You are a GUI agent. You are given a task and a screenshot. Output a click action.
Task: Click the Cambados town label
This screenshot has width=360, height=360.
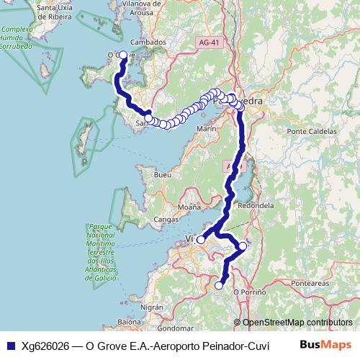click(149, 42)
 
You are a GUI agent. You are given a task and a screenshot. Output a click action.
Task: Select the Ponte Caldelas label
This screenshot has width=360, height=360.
click(312, 132)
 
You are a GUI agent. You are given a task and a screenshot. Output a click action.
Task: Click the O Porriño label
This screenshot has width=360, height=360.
click(250, 292)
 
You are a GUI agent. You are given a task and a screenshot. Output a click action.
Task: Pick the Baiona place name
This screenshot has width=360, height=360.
click(130, 321)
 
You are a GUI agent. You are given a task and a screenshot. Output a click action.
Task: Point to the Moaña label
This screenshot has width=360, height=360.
click(189, 207)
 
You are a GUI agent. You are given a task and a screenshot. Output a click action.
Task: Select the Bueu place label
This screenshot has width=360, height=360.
click(163, 175)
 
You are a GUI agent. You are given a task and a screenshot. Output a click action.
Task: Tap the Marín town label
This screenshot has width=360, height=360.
click(206, 128)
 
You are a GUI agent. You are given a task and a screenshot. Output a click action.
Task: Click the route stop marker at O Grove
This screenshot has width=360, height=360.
click(123, 55)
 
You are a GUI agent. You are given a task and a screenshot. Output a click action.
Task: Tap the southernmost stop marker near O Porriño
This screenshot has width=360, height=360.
click(220, 286)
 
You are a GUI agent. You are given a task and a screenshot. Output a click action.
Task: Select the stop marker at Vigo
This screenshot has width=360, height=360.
click(201, 240)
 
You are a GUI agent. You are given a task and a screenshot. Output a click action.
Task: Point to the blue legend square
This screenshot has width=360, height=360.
click(12, 346)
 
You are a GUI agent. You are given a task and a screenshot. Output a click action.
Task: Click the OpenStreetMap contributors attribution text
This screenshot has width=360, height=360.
click(297, 323)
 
